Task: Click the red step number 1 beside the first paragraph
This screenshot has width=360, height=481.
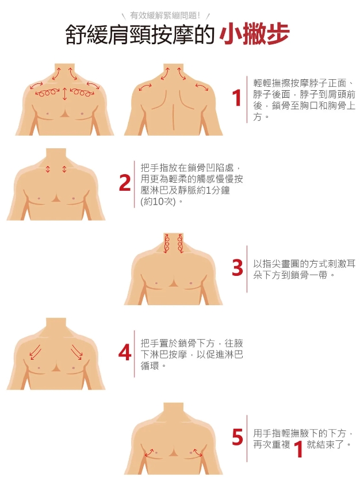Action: [x=238, y=98]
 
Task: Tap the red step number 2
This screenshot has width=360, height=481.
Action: [x=125, y=183]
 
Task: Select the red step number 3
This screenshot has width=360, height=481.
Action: [x=238, y=267]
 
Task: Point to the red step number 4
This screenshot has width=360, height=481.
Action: [x=125, y=352]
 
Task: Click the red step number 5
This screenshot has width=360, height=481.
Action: [x=238, y=437]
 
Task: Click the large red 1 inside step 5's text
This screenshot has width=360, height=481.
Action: [x=298, y=449]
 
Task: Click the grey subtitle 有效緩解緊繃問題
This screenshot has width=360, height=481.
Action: [x=165, y=15]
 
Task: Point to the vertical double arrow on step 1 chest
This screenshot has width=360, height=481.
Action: [x=64, y=94]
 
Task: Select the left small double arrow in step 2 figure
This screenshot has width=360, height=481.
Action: [x=48, y=169]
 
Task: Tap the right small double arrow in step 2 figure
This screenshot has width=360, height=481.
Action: [x=64, y=169]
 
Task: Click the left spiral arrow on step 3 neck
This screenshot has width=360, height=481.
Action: [x=167, y=244]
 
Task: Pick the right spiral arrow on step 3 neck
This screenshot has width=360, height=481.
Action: [x=180, y=244]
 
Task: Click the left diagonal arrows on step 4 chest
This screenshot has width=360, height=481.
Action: [x=35, y=352]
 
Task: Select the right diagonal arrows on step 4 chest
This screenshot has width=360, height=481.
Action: [x=76, y=352]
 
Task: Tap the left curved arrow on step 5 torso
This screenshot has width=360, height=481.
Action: [x=149, y=453]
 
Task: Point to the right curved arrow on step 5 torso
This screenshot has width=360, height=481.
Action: [x=197, y=453]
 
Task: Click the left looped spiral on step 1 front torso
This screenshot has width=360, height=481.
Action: [x=47, y=93]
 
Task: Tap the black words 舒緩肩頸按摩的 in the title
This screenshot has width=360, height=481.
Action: [x=140, y=34]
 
